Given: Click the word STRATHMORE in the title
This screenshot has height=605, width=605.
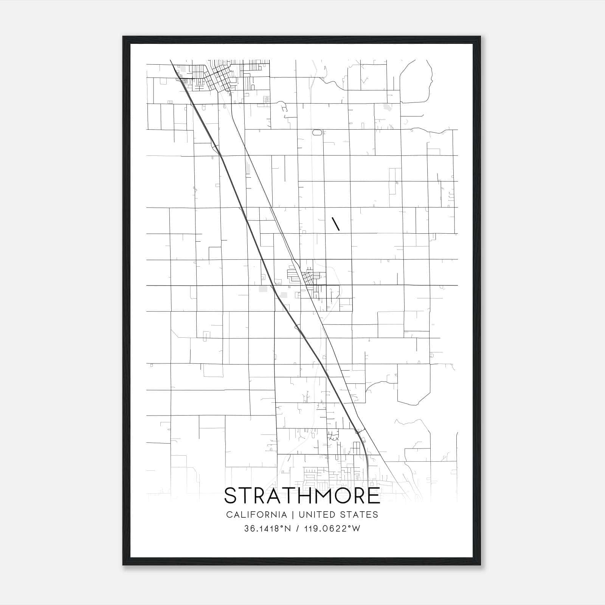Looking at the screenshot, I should pos(302,496).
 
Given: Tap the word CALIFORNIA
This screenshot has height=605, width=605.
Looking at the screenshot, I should pos(256,515).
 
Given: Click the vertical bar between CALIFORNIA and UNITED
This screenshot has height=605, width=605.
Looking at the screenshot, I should pos(293,515).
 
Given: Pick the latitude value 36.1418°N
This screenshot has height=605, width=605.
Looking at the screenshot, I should pos(267,529).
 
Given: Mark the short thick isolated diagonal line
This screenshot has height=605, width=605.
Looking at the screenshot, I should pos(335,224).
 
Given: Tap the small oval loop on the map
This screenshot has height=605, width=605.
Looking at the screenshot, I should pos(317,132).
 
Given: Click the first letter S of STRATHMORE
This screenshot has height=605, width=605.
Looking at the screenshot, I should pos(231,496).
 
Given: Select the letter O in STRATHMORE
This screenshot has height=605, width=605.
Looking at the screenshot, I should pos(340,496).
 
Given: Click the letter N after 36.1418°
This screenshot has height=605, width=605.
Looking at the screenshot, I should pos(288,529).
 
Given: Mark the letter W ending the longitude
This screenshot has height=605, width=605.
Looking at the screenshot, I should pos(356,529).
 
